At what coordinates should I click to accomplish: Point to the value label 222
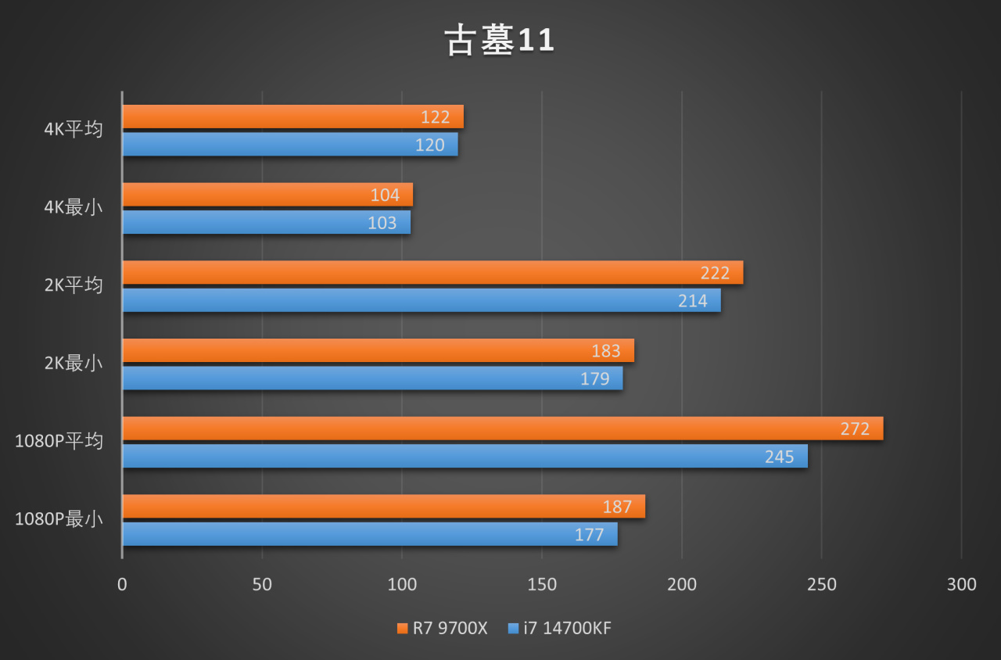(715, 273)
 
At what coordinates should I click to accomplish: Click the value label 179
(595, 379)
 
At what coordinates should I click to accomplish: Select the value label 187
(617, 507)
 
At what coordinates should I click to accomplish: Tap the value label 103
(382, 223)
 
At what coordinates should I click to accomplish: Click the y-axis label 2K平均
(74, 285)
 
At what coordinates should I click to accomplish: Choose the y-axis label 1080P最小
(59, 519)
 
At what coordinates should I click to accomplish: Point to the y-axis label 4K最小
(74, 208)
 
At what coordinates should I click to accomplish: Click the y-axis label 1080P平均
(59, 441)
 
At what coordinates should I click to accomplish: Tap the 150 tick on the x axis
(542, 585)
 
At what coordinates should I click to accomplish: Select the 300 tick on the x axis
(961, 585)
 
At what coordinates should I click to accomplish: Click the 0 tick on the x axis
(122, 585)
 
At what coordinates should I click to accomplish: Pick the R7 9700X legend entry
(443, 628)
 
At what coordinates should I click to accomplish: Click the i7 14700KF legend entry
(560, 628)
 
